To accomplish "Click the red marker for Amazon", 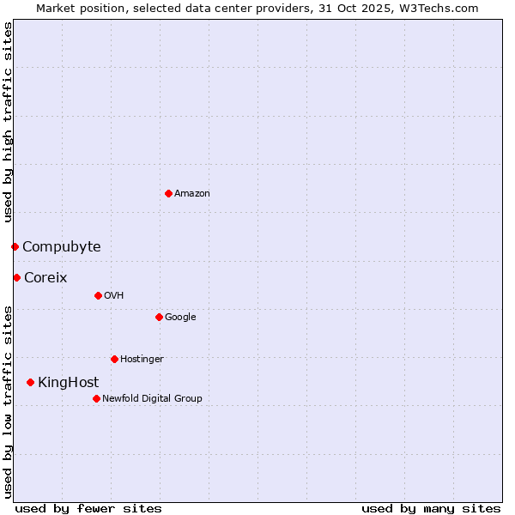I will coord(168,193).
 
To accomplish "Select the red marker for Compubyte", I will coord(15,246).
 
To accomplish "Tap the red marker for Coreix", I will coord(16,277).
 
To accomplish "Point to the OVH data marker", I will coord(98,295).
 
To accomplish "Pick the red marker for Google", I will coord(159,317).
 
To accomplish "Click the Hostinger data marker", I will coord(114,359).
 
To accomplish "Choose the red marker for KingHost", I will coord(30,382).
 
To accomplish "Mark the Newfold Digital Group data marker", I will coord(96,398).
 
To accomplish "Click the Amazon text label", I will coord(192,193).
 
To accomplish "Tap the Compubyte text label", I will coord(62,246).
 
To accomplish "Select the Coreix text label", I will coord(45,277).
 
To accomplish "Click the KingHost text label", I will coord(69,382).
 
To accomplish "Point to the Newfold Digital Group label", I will coord(153,398).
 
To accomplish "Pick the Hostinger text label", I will coord(142,359).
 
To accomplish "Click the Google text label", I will coord(180,317).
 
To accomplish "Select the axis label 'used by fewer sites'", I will coord(88,508).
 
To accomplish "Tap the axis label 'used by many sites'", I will coord(431,508).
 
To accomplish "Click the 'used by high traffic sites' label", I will coord(8,121).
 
